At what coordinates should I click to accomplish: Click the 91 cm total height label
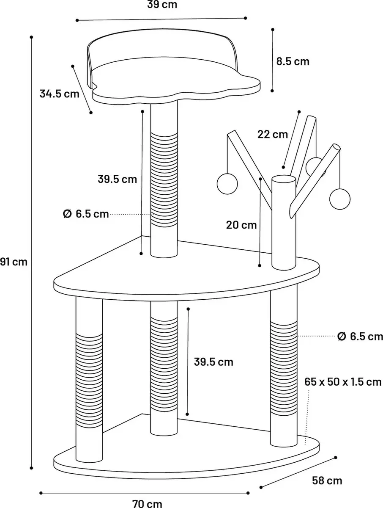coord(14,262)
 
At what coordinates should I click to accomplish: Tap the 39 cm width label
coord(162,4)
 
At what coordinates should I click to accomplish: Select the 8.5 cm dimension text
coord(293,61)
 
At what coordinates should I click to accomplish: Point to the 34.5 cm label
coord(59,94)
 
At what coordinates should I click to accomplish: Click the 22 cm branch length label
coord(273,134)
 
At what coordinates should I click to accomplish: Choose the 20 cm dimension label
coord(241,225)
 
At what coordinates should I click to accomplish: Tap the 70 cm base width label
coord(147,504)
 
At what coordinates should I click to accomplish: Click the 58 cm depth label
coord(327,480)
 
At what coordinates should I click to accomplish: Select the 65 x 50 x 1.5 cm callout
coord(343,382)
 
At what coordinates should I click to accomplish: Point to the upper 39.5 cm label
coord(118,179)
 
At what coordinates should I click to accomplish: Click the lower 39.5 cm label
coord(213,362)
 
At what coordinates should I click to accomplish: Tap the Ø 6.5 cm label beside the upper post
coord(86,214)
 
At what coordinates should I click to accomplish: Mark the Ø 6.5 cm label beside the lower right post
coord(360,337)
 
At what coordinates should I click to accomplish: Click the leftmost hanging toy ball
coord(227,184)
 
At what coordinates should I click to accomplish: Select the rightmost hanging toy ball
coord(340,199)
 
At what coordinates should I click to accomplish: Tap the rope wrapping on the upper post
coord(164,180)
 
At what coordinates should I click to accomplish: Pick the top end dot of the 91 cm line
coord(31,37)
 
